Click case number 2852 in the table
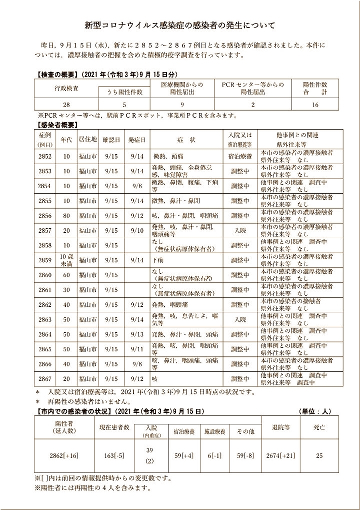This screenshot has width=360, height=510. pyautogui.click(x=44, y=156)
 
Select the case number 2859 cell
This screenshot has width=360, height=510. pyautogui.click(x=44, y=260)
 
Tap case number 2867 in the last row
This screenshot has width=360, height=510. pyautogui.click(x=44, y=379)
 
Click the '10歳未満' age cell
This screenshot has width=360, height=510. pyautogui.click(x=66, y=260)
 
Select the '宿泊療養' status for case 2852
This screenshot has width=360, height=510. pyautogui.click(x=239, y=156)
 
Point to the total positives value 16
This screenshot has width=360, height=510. pyautogui.click(x=315, y=105)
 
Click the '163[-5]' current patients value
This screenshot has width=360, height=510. pyautogui.click(x=112, y=456)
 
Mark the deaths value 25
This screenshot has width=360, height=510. pyautogui.click(x=319, y=456)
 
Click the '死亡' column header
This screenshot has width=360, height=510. pyautogui.click(x=319, y=428)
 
